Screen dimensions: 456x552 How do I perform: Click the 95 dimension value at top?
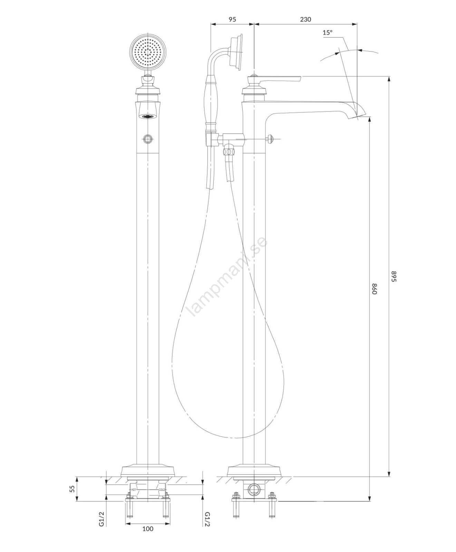click(x=232, y=19)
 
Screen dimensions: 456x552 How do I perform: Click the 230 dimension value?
click(x=305, y=19)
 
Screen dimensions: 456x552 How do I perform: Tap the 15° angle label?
click(x=328, y=33)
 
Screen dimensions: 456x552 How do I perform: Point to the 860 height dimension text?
click(x=374, y=288)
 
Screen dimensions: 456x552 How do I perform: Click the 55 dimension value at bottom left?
click(x=72, y=489)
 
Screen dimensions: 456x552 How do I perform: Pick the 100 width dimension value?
click(x=148, y=538)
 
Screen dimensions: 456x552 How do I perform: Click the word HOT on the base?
click(x=134, y=489)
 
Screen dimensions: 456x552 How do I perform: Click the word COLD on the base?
click(x=162, y=489)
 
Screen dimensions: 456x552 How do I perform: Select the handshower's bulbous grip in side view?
click(x=211, y=104)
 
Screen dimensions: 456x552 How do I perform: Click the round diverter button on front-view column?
click(x=148, y=139)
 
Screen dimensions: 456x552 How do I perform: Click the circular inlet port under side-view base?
click(x=254, y=489)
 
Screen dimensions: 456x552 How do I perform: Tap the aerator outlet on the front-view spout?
click(x=148, y=116)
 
